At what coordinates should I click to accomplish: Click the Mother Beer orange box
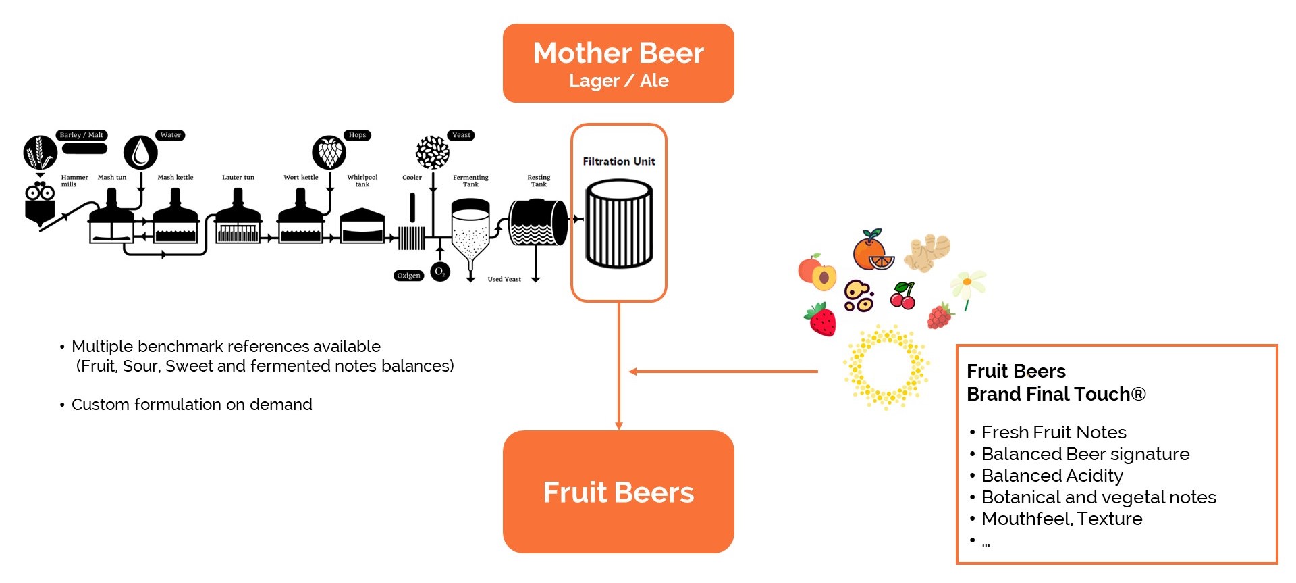[618, 64]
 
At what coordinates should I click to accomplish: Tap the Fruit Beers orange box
[618, 492]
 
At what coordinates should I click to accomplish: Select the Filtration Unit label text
[619, 161]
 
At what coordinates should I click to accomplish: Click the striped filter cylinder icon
[619, 224]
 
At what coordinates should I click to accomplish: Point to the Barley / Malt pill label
[82, 135]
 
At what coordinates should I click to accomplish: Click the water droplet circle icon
[140, 152]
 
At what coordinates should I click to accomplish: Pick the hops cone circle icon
[329, 153]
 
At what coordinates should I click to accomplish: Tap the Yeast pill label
[461, 135]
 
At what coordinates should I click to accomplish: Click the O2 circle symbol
[440, 272]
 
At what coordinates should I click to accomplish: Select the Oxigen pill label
[408, 276]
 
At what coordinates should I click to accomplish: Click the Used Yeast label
[504, 279]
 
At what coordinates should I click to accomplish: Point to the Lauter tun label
[238, 178]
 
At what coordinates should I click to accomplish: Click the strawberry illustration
[821, 320]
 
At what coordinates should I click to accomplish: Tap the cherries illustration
[903, 296]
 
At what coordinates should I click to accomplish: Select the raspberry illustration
[939, 316]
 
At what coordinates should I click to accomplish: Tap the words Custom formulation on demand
[192, 405]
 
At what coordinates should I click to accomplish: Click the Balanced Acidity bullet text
[1052, 476]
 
